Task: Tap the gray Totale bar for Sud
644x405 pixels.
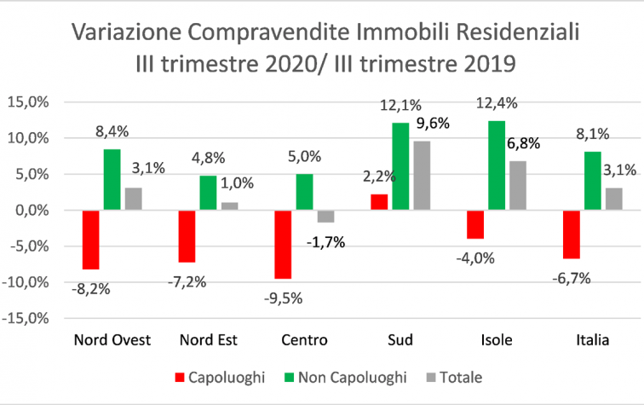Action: point(423,176)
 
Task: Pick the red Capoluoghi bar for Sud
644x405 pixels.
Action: point(378,202)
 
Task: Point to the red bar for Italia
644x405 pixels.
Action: point(571,234)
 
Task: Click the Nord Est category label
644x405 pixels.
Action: point(208,340)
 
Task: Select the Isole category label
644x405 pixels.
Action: point(497,340)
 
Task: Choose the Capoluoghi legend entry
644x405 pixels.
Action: point(223,376)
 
